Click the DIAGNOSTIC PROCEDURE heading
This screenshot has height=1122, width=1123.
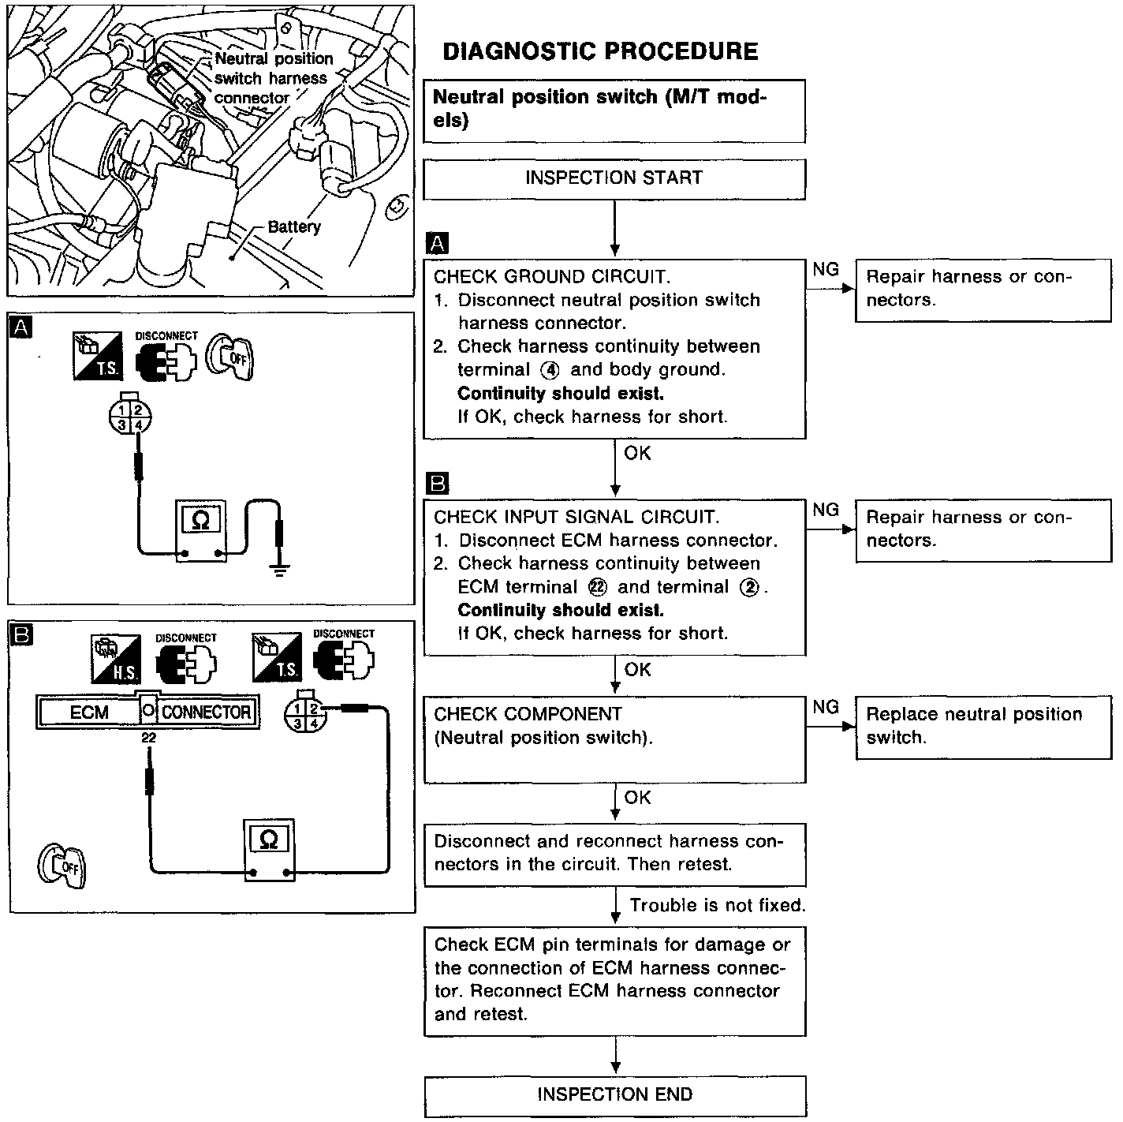(600, 52)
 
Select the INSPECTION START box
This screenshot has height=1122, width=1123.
(614, 178)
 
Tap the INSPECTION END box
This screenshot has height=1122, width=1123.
(614, 1094)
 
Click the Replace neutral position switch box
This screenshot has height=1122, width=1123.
(983, 726)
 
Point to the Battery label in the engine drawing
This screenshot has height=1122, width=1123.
(294, 227)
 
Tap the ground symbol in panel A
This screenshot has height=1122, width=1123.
(278, 569)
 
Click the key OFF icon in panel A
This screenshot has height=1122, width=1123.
(229, 357)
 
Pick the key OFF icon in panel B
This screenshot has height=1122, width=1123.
(62, 866)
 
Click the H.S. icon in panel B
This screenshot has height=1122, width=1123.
(116, 659)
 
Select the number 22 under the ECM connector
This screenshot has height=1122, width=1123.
(148, 739)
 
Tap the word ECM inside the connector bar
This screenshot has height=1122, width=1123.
(89, 712)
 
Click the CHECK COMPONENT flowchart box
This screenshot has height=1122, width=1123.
(614, 739)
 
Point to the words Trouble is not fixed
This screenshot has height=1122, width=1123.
(717, 905)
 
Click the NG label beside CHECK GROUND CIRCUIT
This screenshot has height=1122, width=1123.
(826, 270)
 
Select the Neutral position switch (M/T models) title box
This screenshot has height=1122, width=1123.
(614, 110)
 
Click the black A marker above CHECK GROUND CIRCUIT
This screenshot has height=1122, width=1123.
(436, 243)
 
